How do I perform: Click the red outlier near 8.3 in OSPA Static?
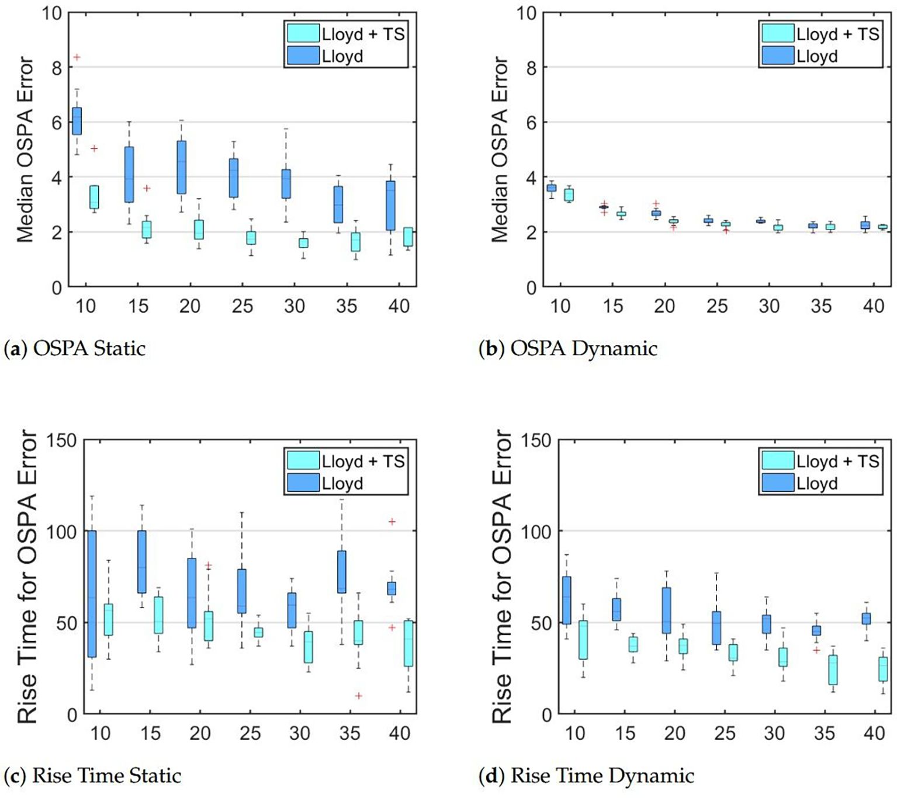[x=77, y=57]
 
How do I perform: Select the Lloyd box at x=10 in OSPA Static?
[x=77, y=121]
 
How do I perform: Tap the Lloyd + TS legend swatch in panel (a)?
[x=303, y=34]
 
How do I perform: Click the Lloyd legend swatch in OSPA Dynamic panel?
[x=777, y=56]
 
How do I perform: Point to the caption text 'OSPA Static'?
[x=89, y=349]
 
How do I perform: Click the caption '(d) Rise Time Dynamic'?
[x=586, y=776]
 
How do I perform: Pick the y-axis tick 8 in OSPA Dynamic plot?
[x=531, y=68]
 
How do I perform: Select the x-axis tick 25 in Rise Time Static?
[x=250, y=733]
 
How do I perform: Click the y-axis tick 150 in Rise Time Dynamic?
[x=536, y=440]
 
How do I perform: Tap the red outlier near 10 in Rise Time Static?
[x=359, y=696]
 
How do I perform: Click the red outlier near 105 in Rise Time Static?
[x=392, y=522]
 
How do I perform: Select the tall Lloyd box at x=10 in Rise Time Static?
[x=92, y=594]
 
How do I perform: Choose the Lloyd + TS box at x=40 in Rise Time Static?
[x=408, y=643]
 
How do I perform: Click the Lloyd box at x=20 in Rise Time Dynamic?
[x=666, y=610]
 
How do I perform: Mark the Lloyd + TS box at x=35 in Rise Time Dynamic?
[x=833, y=669]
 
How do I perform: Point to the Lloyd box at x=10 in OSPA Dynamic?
[x=551, y=188]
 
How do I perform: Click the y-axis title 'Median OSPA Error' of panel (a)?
[x=25, y=149]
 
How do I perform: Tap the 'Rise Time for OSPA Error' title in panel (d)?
[x=501, y=577]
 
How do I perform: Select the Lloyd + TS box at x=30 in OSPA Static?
[x=303, y=242]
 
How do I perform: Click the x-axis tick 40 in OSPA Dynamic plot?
[x=874, y=306]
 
